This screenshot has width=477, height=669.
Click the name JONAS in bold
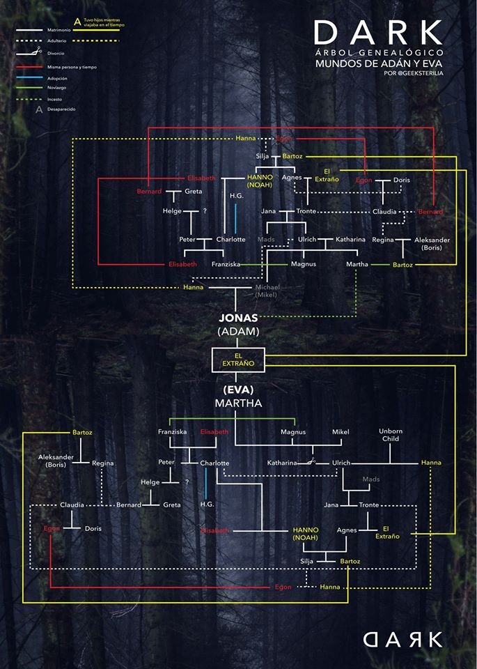coord(238,318)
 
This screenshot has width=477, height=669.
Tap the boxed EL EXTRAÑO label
coord(238,360)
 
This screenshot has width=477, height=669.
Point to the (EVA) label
coord(238,390)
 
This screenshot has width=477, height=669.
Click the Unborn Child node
coord(390,436)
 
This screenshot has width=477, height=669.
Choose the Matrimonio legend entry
coord(58,31)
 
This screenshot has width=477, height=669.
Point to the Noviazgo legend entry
coord(57,88)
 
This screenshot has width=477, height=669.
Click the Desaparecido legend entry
coord(61,110)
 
